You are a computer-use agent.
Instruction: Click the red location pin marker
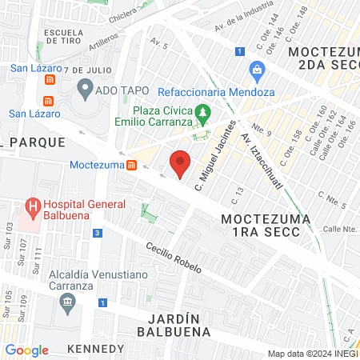181,163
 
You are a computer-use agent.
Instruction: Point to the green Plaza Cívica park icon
204,111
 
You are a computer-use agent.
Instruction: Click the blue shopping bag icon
257,69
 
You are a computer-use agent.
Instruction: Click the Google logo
26,350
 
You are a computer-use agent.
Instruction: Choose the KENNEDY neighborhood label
95,349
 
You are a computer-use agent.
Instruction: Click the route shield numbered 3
97,233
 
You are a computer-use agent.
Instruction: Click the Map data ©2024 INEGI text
313,354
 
